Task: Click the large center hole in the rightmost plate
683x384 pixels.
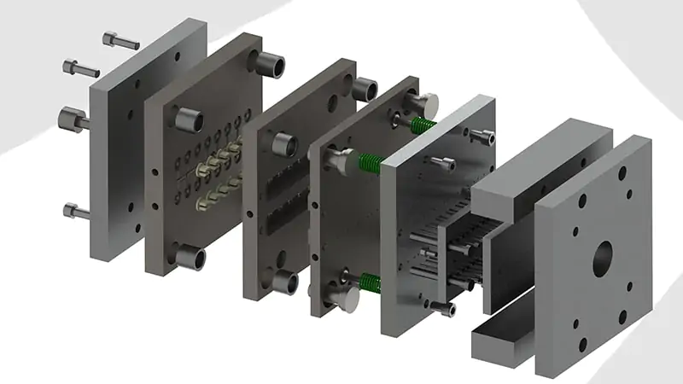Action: (x=604, y=254)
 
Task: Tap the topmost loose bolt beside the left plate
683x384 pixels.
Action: (x=120, y=40)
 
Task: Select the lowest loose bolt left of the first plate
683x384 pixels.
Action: (x=76, y=210)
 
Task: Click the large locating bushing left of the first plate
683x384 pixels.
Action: (x=73, y=119)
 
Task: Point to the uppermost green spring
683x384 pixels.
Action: (x=423, y=125)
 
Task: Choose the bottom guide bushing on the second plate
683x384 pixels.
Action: (x=190, y=256)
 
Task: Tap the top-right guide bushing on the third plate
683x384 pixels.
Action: (x=365, y=89)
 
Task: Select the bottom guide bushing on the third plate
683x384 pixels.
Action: (x=283, y=282)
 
